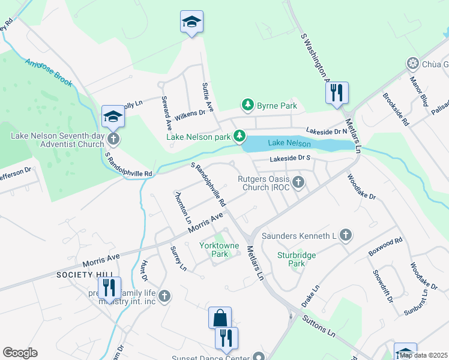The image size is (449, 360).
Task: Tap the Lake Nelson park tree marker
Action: [x=240, y=137]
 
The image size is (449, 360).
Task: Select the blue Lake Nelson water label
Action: [x=289, y=143]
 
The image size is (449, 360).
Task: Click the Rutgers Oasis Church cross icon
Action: [x=298, y=182]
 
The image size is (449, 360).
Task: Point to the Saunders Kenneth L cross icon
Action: [x=345, y=235]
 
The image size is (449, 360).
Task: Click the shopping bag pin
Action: [x=220, y=317]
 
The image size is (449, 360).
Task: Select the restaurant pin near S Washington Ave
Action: [x=336, y=93]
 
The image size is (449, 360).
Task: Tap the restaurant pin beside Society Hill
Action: [x=109, y=287]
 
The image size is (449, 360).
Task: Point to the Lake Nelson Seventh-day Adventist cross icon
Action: [x=113, y=139]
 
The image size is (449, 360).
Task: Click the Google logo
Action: [x=20, y=353]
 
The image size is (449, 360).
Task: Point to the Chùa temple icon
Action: [x=412, y=64]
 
